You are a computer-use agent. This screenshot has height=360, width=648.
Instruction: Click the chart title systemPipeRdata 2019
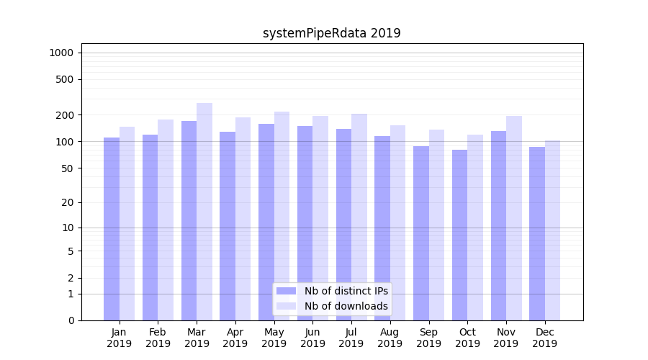[331, 33]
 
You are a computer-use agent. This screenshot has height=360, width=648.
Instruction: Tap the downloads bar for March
[204, 212]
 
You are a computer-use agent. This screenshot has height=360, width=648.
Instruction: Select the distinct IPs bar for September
[421, 233]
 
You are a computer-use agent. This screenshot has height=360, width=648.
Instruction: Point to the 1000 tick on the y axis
[61, 53]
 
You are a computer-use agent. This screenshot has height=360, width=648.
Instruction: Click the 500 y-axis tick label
[65, 79]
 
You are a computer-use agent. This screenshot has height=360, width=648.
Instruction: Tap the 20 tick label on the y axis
[67, 202]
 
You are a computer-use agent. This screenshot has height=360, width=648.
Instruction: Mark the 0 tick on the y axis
[70, 320]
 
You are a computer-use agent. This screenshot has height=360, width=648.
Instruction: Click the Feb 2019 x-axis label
[158, 338]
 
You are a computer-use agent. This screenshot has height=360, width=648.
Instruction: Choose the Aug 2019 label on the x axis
[390, 338]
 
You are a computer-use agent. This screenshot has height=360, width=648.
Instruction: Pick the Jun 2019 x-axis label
[312, 338]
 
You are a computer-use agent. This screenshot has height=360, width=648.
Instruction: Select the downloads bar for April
[243, 219]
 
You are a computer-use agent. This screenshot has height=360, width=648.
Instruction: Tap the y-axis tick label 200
[65, 115]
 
